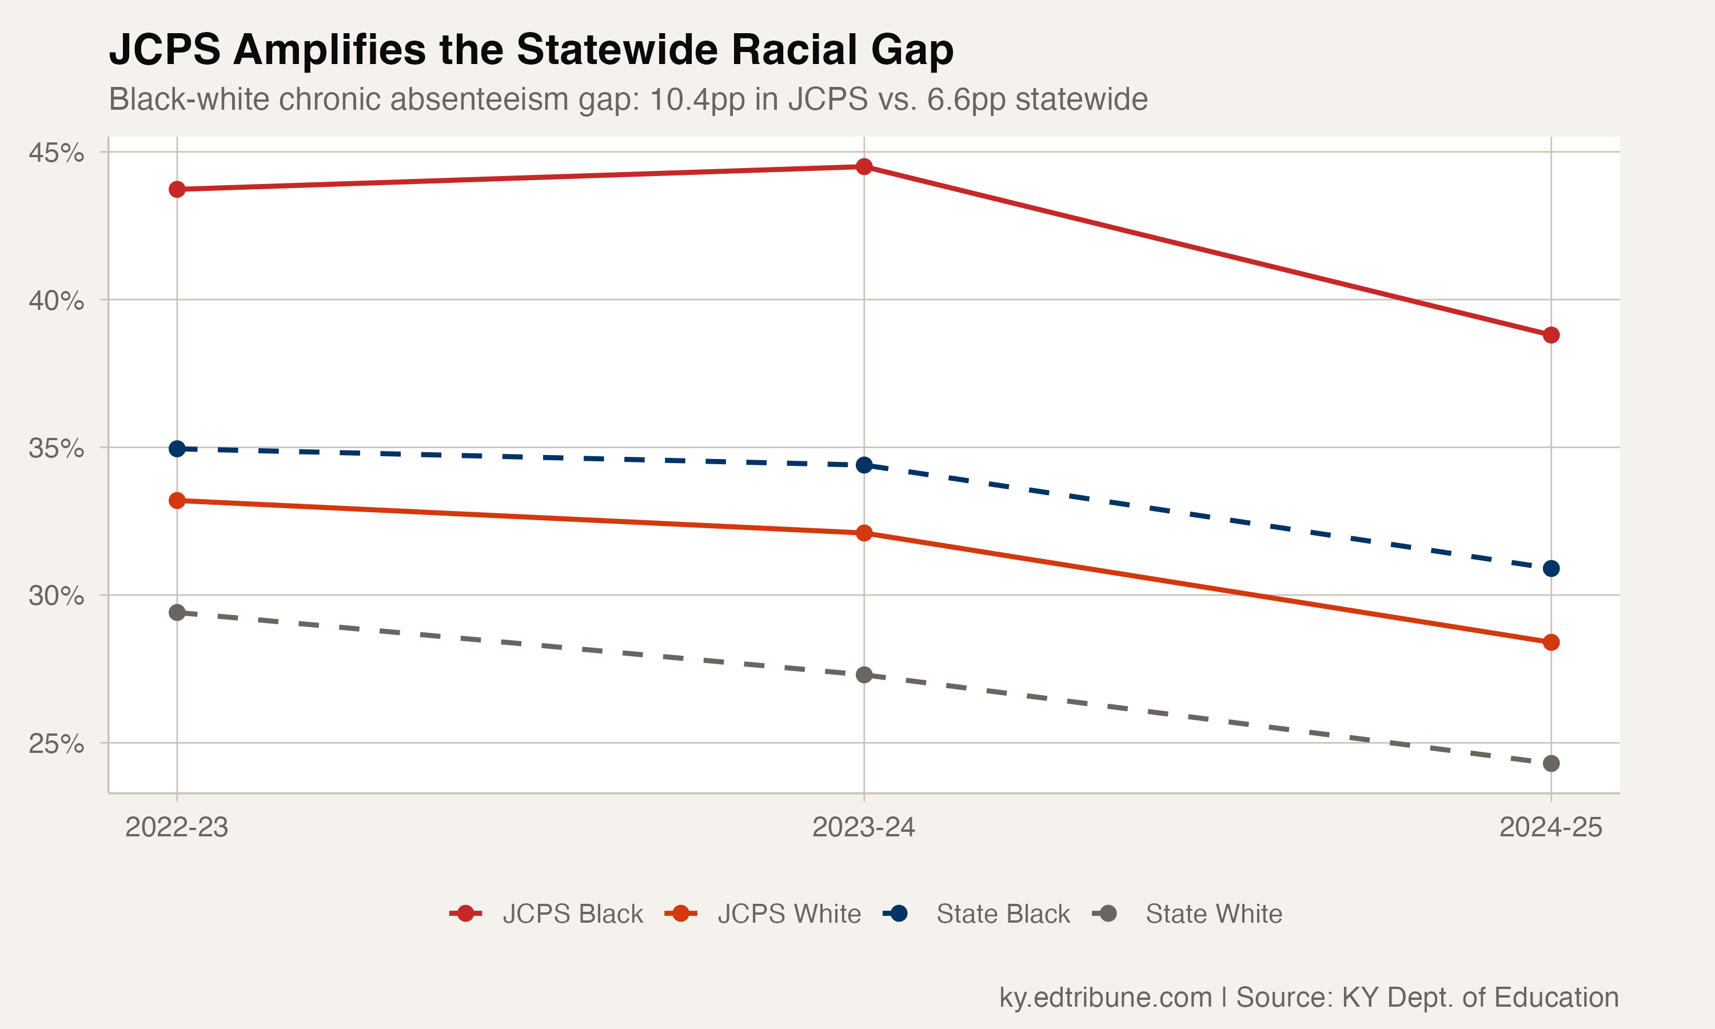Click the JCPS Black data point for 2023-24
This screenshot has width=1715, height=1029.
[x=864, y=166]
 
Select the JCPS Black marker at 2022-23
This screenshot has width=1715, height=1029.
[x=177, y=189]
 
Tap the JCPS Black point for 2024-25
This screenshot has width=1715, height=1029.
[x=1552, y=335]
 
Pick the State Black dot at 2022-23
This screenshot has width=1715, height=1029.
[x=177, y=449]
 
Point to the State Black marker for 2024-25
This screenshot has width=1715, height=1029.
[x=1552, y=569]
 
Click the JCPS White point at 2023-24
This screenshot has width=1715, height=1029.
[x=864, y=533]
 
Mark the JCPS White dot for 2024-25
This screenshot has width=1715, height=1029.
[x=1552, y=642]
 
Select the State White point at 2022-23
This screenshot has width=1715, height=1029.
[x=177, y=612]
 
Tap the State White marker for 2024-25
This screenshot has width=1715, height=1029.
[x=1552, y=763]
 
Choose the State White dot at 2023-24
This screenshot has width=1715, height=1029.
[x=864, y=675]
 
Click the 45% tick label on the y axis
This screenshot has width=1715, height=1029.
[x=55, y=153]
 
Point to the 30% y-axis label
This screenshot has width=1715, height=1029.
[x=55, y=596]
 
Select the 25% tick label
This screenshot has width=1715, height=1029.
[x=55, y=743]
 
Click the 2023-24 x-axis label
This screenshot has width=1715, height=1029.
[x=864, y=827]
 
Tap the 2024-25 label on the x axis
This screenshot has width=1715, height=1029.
[x=1551, y=827]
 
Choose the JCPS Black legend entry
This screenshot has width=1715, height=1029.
[x=573, y=914]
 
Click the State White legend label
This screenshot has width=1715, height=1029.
[x=1213, y=914]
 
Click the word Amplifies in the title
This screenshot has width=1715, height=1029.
[x=329, y=50]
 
